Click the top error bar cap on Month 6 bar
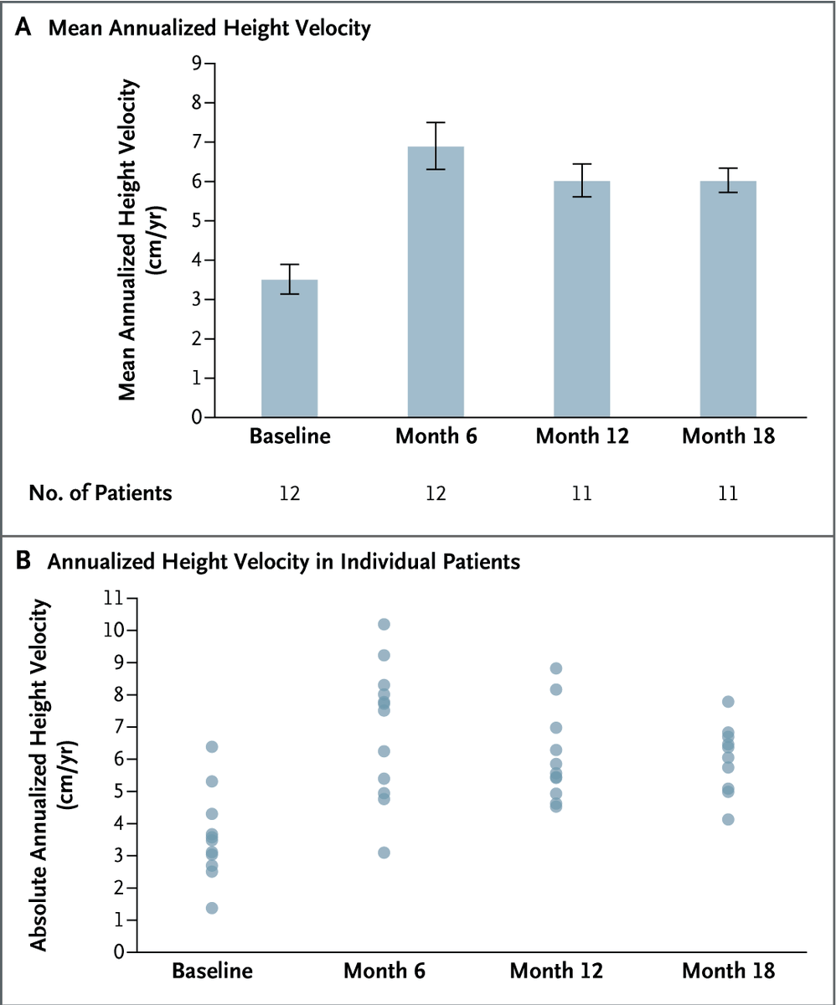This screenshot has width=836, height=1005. [x=436, y=122]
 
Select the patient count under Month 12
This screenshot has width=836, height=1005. [x=582, y=493]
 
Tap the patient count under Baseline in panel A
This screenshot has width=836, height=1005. [x=289, y=493]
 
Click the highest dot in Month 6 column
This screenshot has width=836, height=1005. [x=384, y=624]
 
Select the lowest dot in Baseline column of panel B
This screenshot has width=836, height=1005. [x=212, y=908]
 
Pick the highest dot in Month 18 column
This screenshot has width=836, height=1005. [x=728, y=702]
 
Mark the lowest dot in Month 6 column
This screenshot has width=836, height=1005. [x=384, y=853]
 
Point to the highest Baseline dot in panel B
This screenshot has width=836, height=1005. [x=212, y=746]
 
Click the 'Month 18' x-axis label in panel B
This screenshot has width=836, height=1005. [x=728, y=972]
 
